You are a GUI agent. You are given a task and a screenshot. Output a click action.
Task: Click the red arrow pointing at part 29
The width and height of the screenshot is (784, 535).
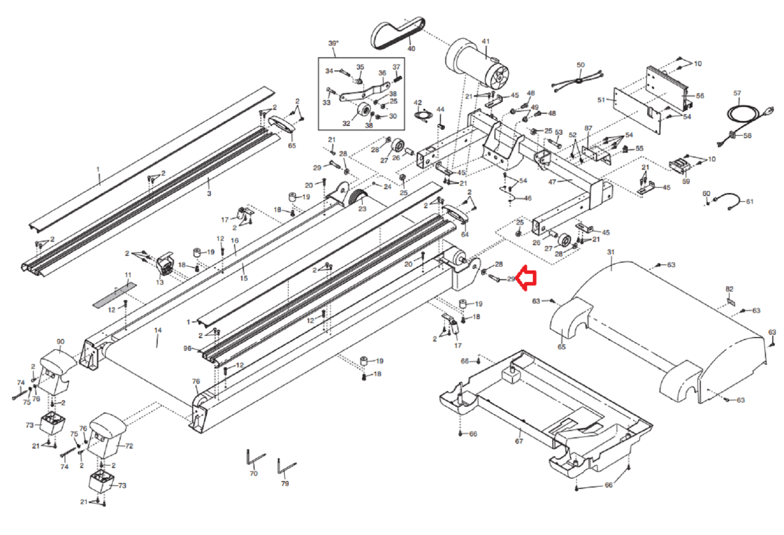click(x=527, y=278)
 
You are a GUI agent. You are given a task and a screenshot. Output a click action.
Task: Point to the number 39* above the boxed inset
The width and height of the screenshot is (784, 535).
click(x=333, y=43)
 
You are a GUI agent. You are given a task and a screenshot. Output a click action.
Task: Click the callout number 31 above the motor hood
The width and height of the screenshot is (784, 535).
click(x=611, y=252)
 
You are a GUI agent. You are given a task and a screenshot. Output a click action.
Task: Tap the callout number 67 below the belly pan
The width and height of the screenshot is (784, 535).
click(x=519, y=441)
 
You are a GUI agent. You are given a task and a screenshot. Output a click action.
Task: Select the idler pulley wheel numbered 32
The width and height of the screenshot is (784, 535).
click(x=363, y=111)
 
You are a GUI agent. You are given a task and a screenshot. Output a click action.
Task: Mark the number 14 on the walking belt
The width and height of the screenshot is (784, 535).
click(x=158, y=330)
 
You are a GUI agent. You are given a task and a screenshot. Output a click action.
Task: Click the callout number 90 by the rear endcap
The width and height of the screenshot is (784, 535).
click(x=60, y=341)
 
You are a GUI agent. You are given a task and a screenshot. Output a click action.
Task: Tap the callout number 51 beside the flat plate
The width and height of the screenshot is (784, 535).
click(x=601, y=100)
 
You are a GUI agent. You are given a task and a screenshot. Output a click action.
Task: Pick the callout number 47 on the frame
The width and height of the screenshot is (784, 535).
click(x=552, y=182)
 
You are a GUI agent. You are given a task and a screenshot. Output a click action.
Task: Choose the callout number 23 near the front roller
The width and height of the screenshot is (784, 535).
click(x=362, y=209)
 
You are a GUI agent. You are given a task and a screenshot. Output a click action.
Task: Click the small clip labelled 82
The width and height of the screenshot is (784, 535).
click(x=731, y=302)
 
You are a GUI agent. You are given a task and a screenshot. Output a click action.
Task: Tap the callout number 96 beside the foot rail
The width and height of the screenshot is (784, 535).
click(x=187, y=348)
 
